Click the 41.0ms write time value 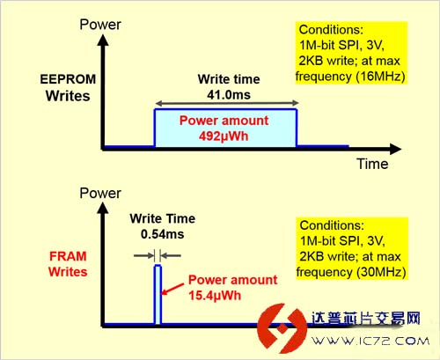coord(229,95)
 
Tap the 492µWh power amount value coord(224,136)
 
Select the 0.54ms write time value coord(163,234)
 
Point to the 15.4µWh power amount coord(215,296)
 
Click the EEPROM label coord(68,79)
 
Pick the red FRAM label coord(68,256)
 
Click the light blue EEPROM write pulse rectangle coord(225,128)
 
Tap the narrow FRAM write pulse coord(158,294)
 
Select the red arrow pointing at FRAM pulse coord(173,289)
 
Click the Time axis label coord(372,164)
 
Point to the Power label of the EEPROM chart coord(100,25)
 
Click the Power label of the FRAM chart coord(100,193)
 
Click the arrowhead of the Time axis coord(396,149)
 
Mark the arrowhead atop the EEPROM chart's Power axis coord(103,40)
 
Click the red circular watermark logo coord(281,328)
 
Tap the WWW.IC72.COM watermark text coord(370,341)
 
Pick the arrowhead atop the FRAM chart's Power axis coord(103,208)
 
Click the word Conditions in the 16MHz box coord(331,30)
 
